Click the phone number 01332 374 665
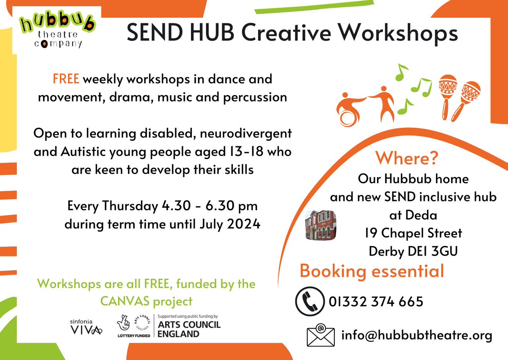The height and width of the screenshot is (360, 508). point(375,302)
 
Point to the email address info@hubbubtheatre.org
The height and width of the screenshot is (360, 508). point(417,336)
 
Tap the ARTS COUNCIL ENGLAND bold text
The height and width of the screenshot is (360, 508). point(188,329)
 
